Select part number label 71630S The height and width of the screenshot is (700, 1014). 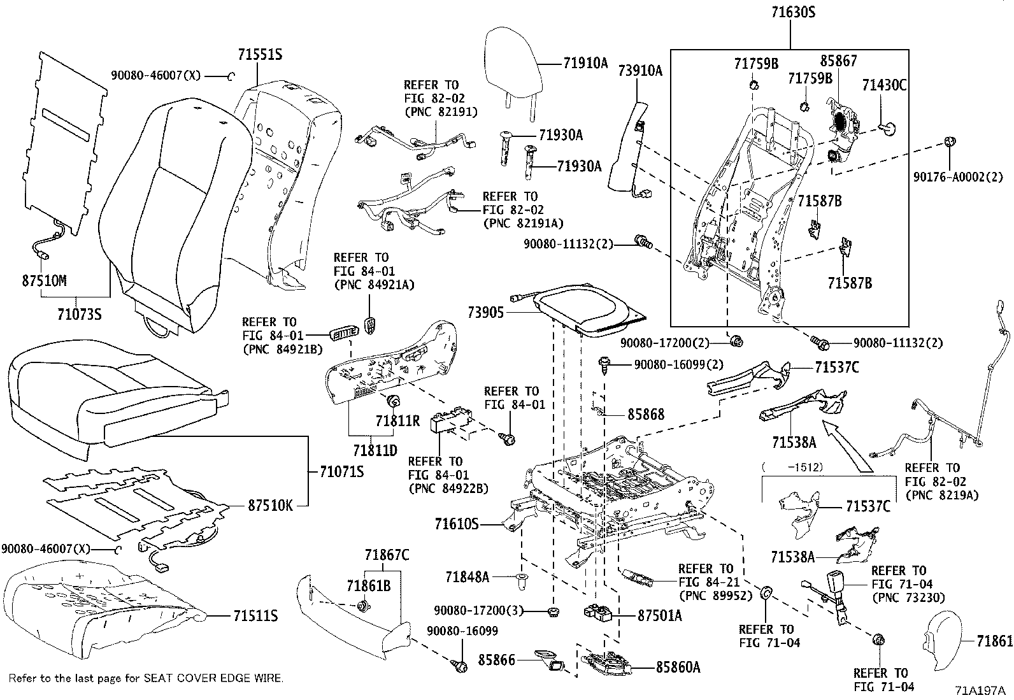[x=789, y=12]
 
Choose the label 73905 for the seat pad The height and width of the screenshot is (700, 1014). [x=485, y=312]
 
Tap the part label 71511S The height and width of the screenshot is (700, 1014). [x=255, y=616]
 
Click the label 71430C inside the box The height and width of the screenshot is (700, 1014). [x=884, y=85]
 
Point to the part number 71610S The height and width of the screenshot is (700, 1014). [x=456, y=524]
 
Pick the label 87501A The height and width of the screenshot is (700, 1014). [x=660, y=615]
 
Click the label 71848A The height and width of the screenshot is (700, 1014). [x=467, y=578]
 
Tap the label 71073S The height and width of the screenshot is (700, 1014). [x=79, y=314]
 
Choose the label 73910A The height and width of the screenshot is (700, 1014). [x=640, y=71]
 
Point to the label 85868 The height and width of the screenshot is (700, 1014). [x=646, y=415]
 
